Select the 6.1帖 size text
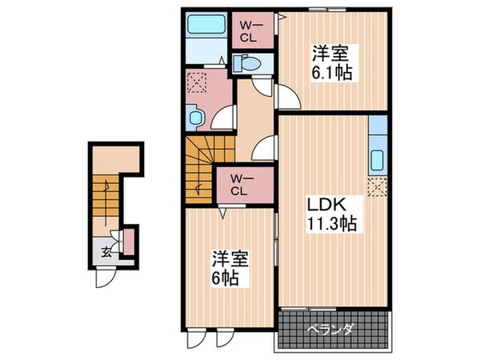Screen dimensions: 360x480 [330, 72]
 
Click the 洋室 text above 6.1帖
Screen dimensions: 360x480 [330, 54]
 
